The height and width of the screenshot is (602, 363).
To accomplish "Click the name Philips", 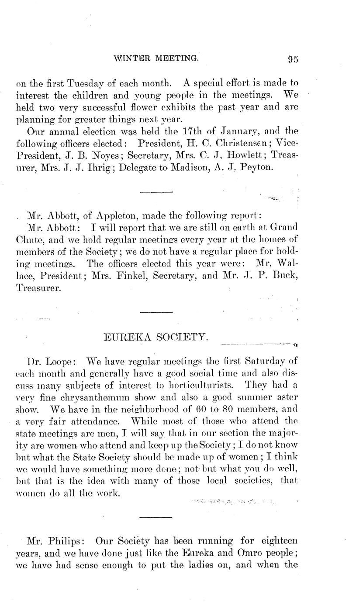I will pos(64,541).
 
